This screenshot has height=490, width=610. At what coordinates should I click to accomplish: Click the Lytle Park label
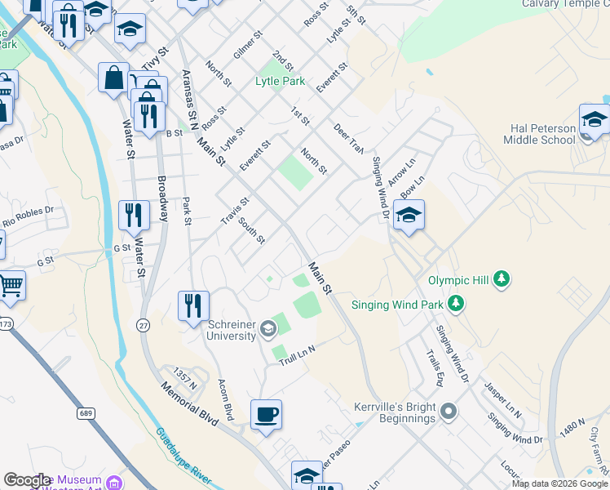point(280,82)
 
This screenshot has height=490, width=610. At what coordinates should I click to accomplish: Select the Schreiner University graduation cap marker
point(268,330)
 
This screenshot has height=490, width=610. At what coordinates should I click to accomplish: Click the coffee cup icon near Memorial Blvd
point(266,416)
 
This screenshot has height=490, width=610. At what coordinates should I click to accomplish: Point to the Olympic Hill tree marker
point(503,280)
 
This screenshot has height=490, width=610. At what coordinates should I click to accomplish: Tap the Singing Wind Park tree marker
point(456,305)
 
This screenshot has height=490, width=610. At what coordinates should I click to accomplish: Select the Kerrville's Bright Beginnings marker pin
point(448,412)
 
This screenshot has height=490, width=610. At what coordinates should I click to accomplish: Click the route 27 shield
point(144,325)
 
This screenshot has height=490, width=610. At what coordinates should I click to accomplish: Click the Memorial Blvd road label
point(189,403)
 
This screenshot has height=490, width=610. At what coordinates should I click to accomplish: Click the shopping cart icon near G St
point(11,286)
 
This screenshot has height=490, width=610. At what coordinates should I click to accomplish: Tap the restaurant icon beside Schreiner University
point(193,305)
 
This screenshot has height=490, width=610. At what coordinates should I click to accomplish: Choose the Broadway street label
point(162,199)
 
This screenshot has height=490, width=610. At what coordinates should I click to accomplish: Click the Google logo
point(27,481)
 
